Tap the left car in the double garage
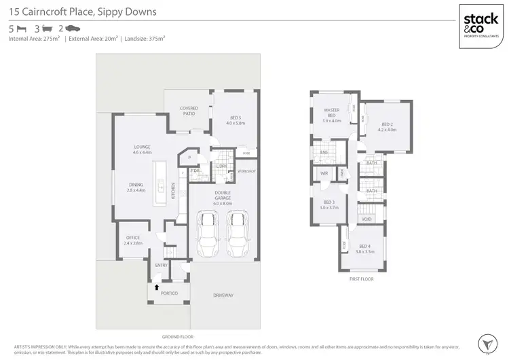pyautogui.click(x=206, y=230)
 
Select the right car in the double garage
pyautogui.click(x=235, y=230)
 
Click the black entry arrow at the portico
pyautogui.click(x=157, y=287)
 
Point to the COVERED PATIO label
pyautogui.click(x=189, y=110)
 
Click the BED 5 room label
pyautogui.click(x=234, y=119)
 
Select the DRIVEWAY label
pyautogui.click(x=223, y=295)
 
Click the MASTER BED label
pyautogui.click(x=331, y=112)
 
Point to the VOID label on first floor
pyautogui.click(x=366, y=219)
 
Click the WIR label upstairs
pyautogui.click(x=324, y=174)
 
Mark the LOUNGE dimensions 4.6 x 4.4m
pyautogui.click(x=142, y=153)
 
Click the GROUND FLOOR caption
pyautogui.click(x=177, y=336)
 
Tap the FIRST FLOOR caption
pyautogui.click(x=361, y=278)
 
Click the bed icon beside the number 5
pyautogui.click(x=21, y=29)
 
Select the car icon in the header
pyautogui.click(x=73, y=29)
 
